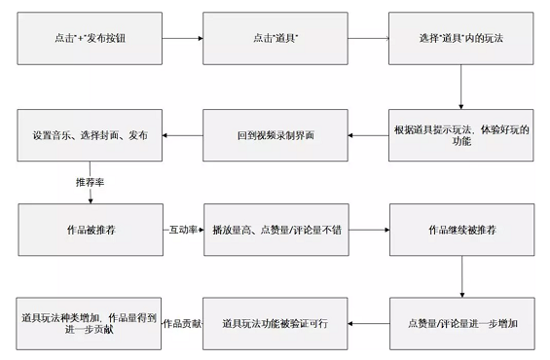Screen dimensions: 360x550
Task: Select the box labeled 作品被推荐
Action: pyautogui.click(x=90, y=231)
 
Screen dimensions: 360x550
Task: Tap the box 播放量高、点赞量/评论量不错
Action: pyautogui.click(x=275, y=231)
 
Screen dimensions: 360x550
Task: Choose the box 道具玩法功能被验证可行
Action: pyautogui.click(x=275, y=322)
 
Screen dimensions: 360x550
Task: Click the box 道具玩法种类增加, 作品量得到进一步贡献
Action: pyautogui.click(x=90, y=322)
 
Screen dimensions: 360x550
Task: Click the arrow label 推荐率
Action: pyautogui.click(x=90, y=182)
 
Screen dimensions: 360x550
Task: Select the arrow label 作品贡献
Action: pyautogui.click(x=182, y=322)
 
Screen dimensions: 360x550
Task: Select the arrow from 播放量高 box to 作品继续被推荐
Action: pyautogui.click(x=367, y=231)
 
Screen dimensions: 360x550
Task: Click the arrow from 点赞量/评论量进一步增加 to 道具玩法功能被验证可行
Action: pyautogui.click(x=367, y=322)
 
